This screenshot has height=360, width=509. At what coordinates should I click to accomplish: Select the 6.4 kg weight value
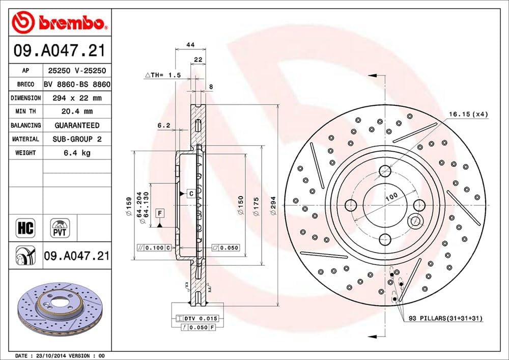tap(77, 153)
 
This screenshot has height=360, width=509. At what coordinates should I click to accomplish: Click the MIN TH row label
tap(25, 112)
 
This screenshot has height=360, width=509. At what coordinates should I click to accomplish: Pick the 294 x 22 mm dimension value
tap(77, 98)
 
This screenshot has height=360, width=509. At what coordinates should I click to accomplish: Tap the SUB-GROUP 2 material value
tap(77, 139)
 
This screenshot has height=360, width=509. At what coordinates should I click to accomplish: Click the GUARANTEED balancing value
tap(77, 125)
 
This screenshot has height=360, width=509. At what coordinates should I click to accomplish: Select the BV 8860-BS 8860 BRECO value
tap(77, 84)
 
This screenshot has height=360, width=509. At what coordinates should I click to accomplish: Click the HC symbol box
tap(25, 228)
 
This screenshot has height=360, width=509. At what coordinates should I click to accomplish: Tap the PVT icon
tap(60, 228)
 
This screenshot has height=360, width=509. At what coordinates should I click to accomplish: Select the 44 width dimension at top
tap(191, 45)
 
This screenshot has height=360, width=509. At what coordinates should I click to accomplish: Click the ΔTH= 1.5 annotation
tap(163, 75)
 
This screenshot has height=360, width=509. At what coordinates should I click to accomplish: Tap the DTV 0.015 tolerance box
tap(199, 318)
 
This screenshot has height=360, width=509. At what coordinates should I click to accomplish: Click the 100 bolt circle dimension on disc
tap(391, 197)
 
